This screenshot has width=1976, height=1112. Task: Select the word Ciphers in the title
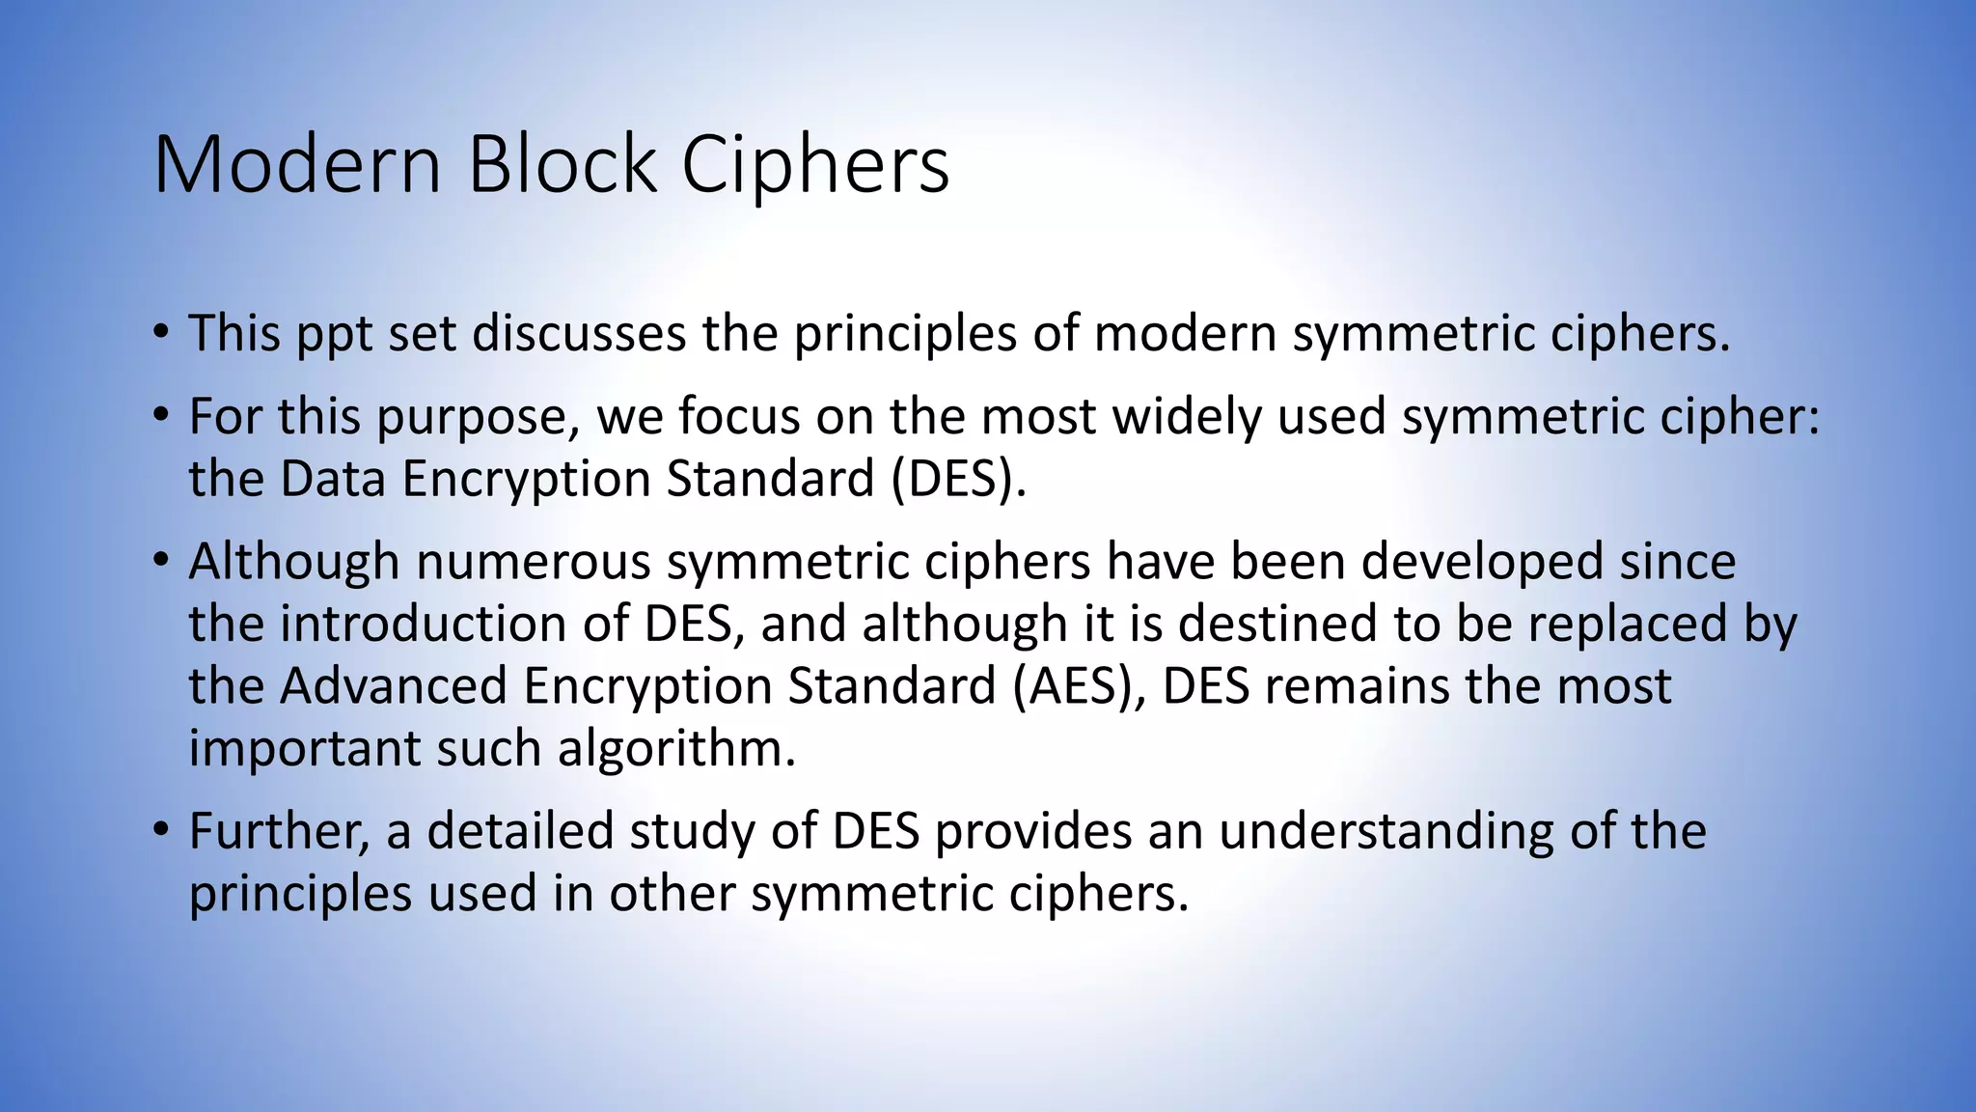(815, 166)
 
